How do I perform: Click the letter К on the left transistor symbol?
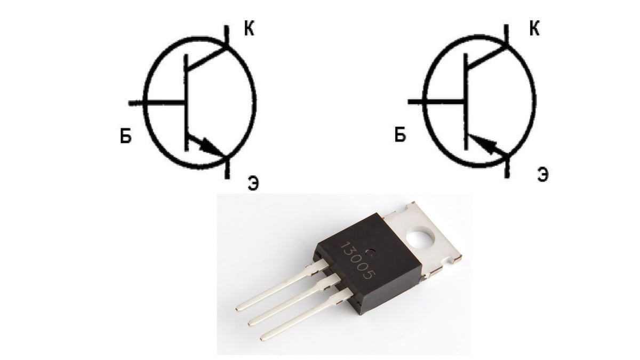pos(249,30)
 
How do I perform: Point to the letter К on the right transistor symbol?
pos(533,29)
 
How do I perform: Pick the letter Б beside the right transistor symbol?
pos(400,135)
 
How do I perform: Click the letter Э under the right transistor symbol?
pos(542,174)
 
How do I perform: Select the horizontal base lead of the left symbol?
pos(157,101)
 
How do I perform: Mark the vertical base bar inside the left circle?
pos(186,101)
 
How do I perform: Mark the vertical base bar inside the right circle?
pos(466,101)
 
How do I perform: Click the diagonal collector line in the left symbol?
pos(208,57)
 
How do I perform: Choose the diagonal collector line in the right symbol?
pos(486,56)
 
